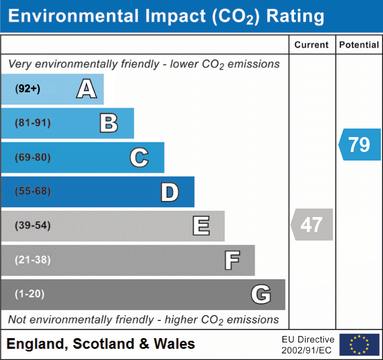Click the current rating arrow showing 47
pos(312,225)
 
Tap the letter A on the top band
pos(86,89)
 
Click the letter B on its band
pos(109,123)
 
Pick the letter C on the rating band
pos(139,157)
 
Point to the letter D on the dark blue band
pos(169,192)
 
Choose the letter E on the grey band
pos(201,226)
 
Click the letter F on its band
pos(231,260)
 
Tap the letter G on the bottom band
pos(261,294)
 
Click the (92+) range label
pos(28,89)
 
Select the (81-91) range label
pos(33,123)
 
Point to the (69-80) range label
pos(33,157)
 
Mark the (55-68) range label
pos(33,191)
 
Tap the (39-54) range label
pos(33,226)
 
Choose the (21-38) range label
pos(33,260)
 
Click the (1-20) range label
pos(30,294)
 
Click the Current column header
pos(312,45)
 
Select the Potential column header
pos(359,45)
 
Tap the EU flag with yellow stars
pos(359,345)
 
